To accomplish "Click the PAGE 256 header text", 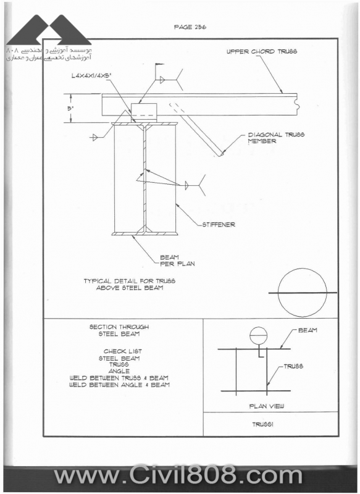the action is click(x=190, y=27).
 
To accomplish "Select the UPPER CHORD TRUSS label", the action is click(x=262, y=51).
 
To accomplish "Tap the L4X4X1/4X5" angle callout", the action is click(x=91, y=76).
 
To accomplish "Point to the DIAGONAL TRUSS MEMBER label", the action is click(x=276, y=138).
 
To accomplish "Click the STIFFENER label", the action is click(x=219, y=225).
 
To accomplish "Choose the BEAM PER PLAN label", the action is click(x=177, y=261).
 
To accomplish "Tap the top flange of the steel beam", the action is click(x=144, y=124).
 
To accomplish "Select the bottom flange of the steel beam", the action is click(x=144, y=234).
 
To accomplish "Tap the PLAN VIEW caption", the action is click(x=267, y=406).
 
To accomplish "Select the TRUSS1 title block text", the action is click(x=262, y=424).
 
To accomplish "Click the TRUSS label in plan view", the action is click(x=293, y=366).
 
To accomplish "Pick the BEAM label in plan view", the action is click(x=308, y=330).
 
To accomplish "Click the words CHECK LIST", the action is click(x=123, y=351).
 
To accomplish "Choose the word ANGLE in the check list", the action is click(x=119, y=372).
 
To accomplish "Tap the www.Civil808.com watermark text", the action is click(x=178, y=475).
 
